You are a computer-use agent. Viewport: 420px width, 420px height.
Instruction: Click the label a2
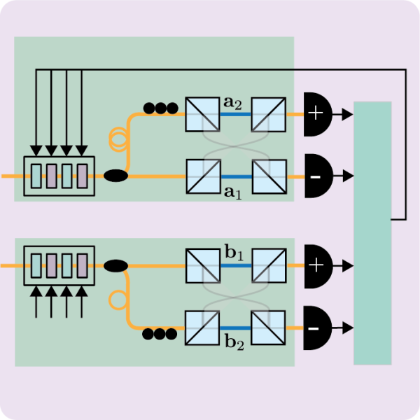[233, 104]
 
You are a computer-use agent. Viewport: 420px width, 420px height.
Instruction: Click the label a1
[233, 192]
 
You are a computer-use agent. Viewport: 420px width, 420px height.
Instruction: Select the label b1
[233, 253]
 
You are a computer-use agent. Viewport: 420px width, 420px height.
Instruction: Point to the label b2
[233, 342]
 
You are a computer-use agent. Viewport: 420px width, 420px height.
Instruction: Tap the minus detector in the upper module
[316, 175]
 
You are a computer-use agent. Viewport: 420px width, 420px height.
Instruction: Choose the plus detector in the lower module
[316, 265]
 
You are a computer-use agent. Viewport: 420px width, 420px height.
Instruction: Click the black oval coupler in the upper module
[115, 175]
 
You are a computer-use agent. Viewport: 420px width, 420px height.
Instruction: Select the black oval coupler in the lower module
[115, 265]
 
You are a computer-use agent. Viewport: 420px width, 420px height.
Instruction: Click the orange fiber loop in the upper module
[117, 138]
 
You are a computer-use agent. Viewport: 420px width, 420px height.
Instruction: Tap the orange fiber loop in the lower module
[117, 301]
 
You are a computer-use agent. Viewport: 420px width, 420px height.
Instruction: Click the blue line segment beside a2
[234, 114]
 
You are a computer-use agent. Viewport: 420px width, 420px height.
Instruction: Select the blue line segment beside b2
[234, 327]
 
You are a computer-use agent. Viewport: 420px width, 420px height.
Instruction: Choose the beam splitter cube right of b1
[268, 265]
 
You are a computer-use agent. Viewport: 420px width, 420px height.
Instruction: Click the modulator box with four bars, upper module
[59, 176]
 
